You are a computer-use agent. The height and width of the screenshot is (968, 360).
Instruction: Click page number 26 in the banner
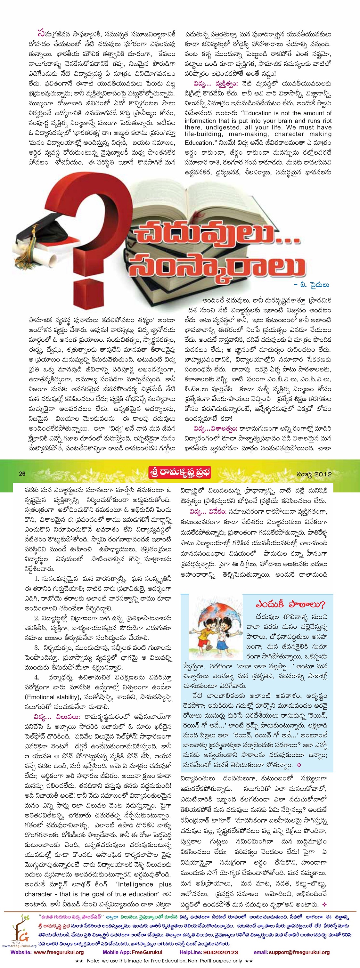pos(22,474)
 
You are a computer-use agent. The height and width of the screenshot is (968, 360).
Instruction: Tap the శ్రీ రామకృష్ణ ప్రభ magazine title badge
pos(180,473)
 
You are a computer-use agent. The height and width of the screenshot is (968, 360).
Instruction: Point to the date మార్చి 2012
pos(314,474)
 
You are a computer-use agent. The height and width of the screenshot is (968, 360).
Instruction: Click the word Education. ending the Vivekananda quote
pos(199,142)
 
